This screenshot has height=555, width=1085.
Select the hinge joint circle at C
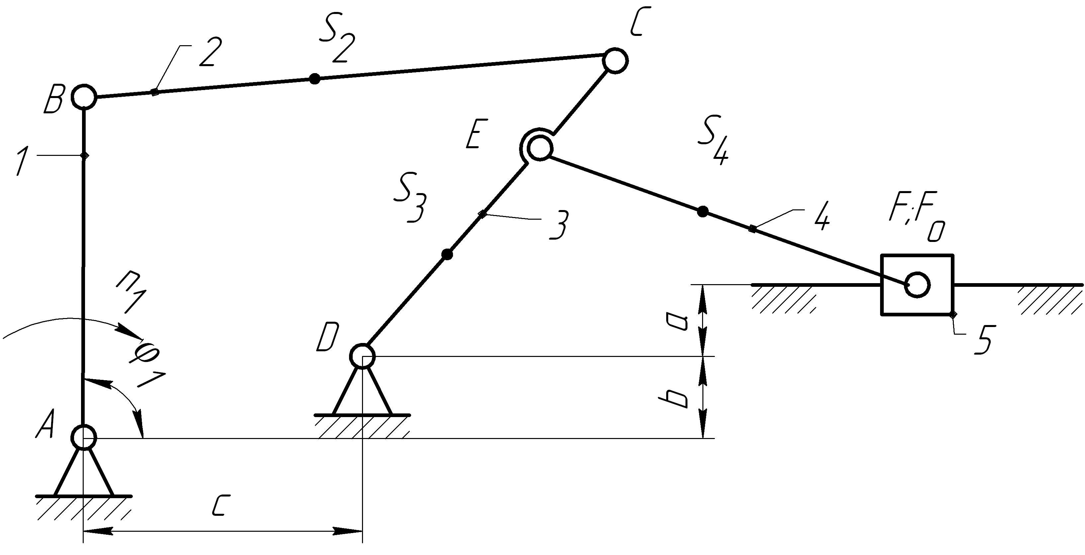[x=615, y=61]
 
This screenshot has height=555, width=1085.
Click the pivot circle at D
[x=362, y=356]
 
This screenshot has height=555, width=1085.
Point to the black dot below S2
[x=314, y=78]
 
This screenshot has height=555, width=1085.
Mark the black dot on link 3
[x=447, y=254]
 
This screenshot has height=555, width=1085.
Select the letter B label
[x=53, y=99]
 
